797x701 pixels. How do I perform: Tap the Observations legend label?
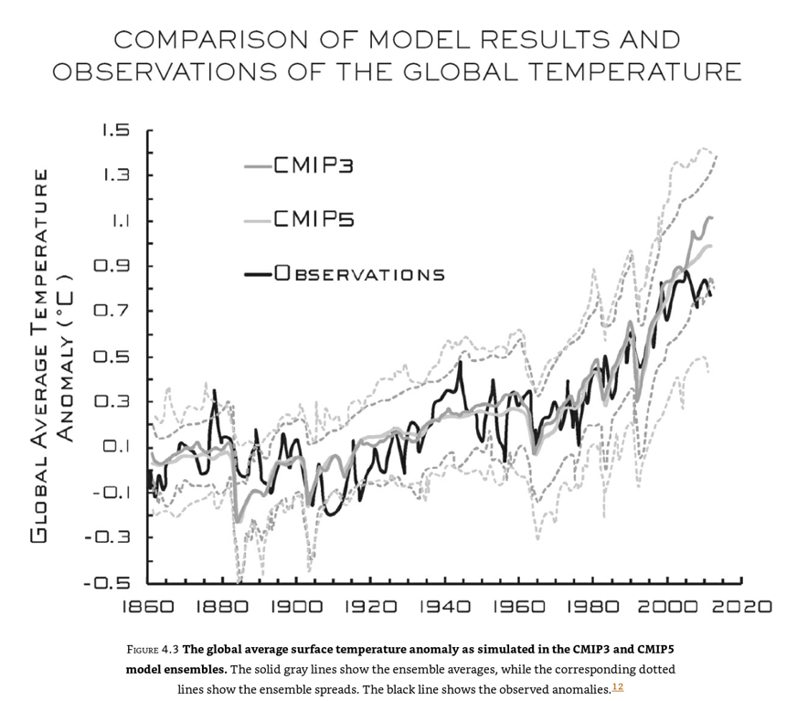tap(358, 273)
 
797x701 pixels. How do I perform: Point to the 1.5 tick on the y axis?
tap(115, 131)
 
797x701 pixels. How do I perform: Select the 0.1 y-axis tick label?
tap(116, 447)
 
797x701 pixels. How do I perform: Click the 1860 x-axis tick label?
tap(148, 606)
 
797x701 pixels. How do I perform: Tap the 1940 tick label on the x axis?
tap(443, 606)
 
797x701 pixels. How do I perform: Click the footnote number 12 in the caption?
tap(617, 687)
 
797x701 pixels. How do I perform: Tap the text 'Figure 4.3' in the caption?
tap(153, 650)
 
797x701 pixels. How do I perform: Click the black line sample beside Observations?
tap(260, 273)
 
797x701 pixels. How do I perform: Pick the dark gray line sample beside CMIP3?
tap(260, 166)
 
